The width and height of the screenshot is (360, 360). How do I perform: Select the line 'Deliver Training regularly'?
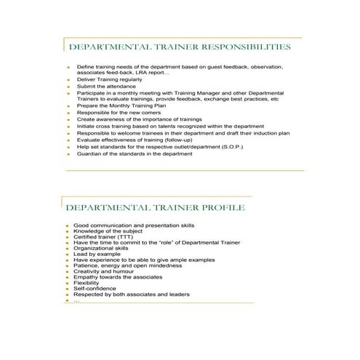click(111, 79)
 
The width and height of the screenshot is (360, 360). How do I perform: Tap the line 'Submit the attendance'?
click(106, 86)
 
